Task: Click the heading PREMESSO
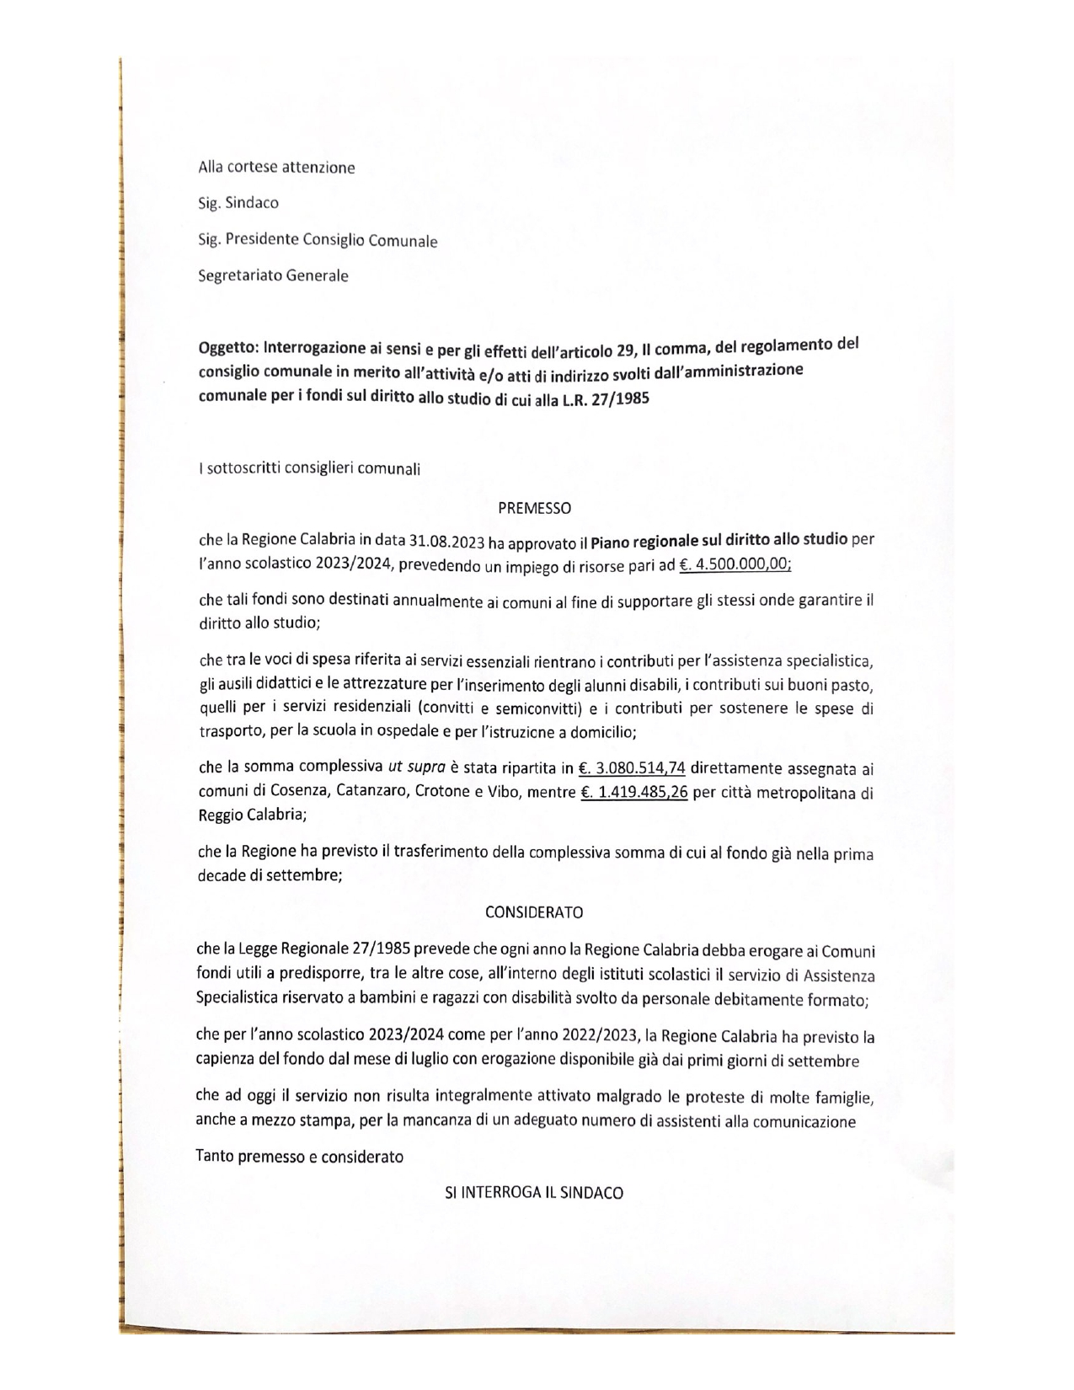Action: pos(534,508)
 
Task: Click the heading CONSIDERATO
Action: pos(534,912)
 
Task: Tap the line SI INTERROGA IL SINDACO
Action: pos(534,1193)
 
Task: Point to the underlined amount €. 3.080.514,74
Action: pos(632,767)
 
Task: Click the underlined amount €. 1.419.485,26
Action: pos(634,792)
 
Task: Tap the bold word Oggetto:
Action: pos(228,348)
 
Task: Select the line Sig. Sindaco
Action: pos(238,203)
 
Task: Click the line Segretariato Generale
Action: pos(273,275)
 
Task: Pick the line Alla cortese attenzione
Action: pos(276,167)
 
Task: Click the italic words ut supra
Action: pos(416,767)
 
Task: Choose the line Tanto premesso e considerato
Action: pos(299,1157)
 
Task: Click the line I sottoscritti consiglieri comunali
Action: pos(308,468)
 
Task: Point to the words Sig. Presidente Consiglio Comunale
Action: pos(318,240)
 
